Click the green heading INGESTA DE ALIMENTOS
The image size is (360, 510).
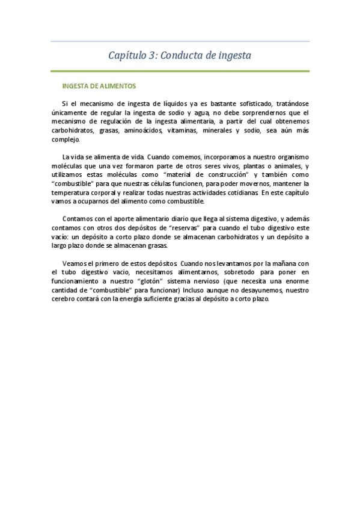tap(99, 86)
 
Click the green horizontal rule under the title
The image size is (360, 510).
tap(180, 71)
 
